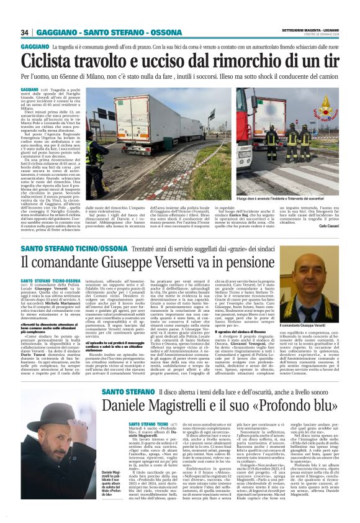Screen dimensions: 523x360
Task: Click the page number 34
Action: coord(25,32)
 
